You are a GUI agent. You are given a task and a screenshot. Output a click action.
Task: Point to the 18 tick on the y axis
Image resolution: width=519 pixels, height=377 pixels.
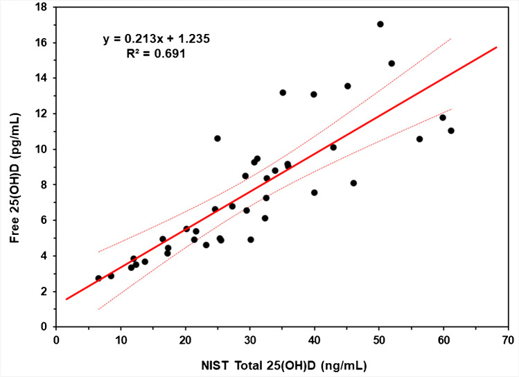pyautogui.click(x=42, y=7)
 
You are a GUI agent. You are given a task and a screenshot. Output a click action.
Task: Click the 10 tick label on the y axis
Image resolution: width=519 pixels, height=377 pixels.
pyautogui.click(x=42, y=149)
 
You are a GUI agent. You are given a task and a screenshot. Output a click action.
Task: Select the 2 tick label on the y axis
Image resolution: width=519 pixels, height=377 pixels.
pyautogui.click(x=44, y=291)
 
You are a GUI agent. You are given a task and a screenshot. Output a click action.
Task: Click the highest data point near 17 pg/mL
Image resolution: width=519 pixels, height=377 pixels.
pyautogui.click(x=380, y=24)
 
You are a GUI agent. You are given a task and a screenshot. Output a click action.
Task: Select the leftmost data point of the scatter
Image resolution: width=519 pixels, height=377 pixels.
pyautogui.click(x=98, y=278)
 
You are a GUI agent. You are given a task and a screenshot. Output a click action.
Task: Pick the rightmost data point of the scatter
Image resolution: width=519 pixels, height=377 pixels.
pyautogui.click(x=451, y=130)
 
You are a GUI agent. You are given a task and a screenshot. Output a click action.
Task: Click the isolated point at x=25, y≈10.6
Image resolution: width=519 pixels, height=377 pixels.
pyautogui.click(x=218, y=139)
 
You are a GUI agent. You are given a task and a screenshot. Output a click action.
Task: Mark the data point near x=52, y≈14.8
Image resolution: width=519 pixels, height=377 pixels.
pyautogui.click(x=392, y=63)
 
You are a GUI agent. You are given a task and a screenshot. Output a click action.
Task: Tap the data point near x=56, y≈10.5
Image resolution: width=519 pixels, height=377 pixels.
pyautogui.click(x=419, y=139)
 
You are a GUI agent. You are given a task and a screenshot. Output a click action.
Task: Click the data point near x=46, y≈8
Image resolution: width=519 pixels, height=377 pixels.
pyautogui.click(x=353, y=183)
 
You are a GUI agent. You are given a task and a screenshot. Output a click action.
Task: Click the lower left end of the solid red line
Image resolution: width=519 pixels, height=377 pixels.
pyautogui.click(x=67, y=299)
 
